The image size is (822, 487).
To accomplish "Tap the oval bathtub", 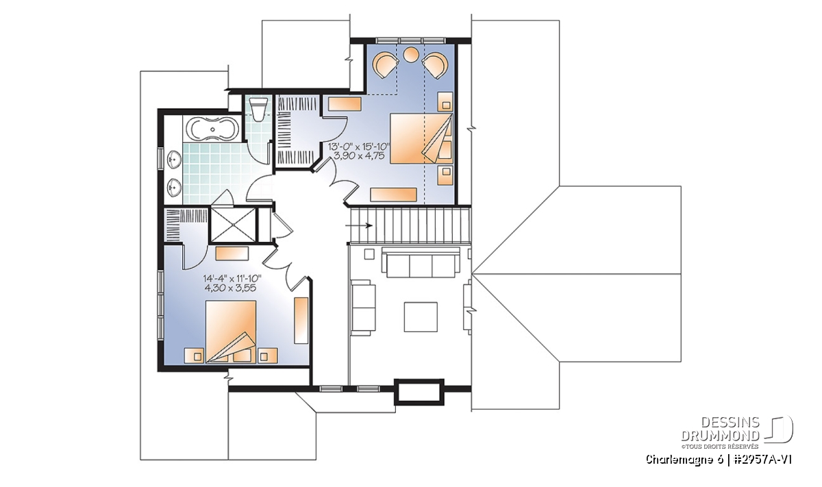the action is pos(212,129).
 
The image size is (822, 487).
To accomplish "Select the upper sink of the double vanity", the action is pos(174,160).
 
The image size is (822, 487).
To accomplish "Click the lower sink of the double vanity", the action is pos(174,188).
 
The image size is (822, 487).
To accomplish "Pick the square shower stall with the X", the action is pos(233,225).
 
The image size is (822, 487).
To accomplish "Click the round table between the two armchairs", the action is pos(411,55).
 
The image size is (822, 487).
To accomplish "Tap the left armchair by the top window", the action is pos(385,64).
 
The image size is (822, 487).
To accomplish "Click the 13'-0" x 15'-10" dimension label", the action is pos(358,147).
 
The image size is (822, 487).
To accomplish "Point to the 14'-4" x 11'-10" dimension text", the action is pos(232,279).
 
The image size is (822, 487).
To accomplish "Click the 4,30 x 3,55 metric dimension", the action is pos(230,288).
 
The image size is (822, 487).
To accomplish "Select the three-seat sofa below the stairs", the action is pos(421,262).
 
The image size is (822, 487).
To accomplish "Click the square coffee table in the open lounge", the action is pos(421,316).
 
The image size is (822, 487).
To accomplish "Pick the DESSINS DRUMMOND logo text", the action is pos(721,429).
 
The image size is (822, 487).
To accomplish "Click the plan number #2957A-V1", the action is pos(758,460).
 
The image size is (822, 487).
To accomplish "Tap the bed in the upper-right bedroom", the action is pos(421,138).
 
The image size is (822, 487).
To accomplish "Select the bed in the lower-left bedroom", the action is pos(230,332).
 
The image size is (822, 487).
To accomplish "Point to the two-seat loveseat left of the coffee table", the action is pos(363,308).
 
